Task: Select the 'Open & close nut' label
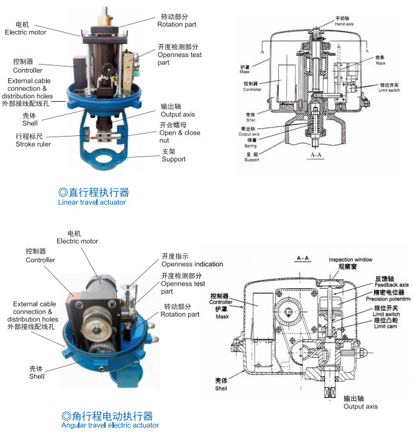point(180,133)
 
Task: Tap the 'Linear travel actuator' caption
point(92,202)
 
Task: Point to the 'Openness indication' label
point(192,264)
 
